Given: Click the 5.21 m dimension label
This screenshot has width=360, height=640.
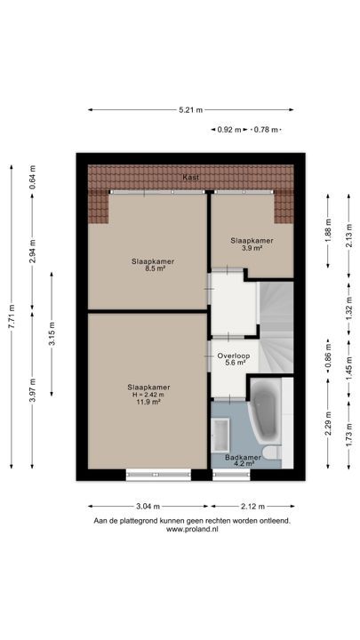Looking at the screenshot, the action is (x=190, y=110).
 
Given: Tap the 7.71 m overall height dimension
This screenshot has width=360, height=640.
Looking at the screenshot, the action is (x=12, y=316).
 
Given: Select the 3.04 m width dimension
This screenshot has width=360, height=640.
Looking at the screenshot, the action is (x=148, y=507).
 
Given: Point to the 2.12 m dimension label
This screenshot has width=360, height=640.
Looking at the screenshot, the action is (x=252, y=507).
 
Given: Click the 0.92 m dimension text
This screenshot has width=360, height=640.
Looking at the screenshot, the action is (x=229, y=130).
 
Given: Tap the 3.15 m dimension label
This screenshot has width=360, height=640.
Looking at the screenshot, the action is (x=52, y=334).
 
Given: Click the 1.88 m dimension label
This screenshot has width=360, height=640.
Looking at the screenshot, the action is (x=328, y=230).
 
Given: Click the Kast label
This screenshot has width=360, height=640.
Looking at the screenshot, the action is (x=190, y=178).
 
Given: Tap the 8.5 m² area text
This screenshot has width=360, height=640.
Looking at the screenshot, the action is (x=148, y=268).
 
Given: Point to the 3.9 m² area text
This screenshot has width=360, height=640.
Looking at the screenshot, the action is (x=252, y=248).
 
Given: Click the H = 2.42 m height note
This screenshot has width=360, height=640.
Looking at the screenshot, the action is (x=148, y=395).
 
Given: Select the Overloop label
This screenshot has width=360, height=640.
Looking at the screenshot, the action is (x=234, y=356).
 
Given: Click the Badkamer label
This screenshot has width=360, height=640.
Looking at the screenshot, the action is (x=243, y=458).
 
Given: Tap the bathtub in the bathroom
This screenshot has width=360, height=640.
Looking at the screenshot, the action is (x=265, y=410).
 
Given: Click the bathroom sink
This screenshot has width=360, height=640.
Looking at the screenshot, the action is (x=220, y=435).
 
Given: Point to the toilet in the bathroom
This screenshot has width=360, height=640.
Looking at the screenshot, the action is (x=272, y=452).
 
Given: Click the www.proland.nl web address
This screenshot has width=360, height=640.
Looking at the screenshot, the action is (x=192, y=530).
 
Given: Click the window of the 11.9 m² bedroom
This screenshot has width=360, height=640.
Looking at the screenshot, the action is (x=158, y=475).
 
